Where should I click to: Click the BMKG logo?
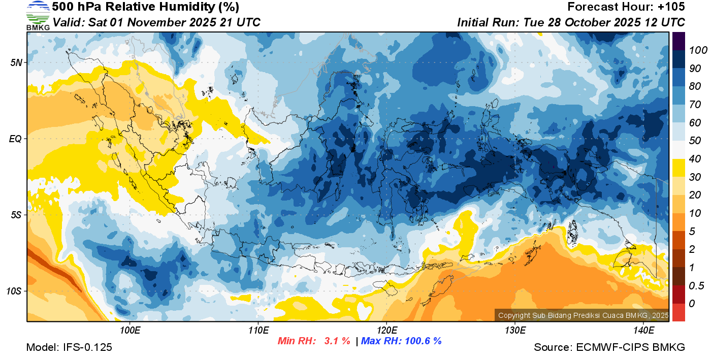click(x=38, y=16)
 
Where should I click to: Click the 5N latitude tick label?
click(x=16, y=62)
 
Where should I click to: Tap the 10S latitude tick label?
click(x=14, y=291)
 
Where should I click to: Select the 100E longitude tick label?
click(x=130, y=331)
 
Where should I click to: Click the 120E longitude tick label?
click(x=386, y=331)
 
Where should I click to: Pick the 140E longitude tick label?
click(x=643, y=331)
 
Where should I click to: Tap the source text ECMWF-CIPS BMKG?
click(x=631, y=348)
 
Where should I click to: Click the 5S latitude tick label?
click(x=16, y=215)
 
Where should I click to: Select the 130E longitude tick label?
click(x=515, y=331)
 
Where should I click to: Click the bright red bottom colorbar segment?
click(x=679, y=312)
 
